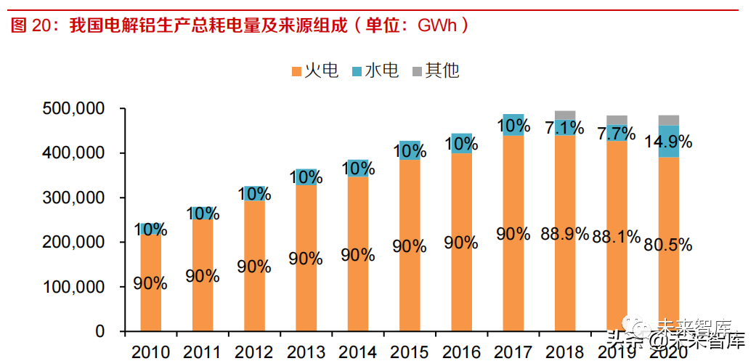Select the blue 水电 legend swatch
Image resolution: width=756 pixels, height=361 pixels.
[357, 71]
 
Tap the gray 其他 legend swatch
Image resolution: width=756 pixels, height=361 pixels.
[418, 71]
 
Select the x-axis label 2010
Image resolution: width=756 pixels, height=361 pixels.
[150, 352]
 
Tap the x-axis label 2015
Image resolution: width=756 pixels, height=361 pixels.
[410, 352]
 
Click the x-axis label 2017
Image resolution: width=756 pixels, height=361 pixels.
[513, 352]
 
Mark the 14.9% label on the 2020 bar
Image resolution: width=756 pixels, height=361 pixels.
[668, 142]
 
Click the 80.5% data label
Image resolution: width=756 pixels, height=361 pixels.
[668, 245]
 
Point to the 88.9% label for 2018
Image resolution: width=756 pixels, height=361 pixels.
[564, 234]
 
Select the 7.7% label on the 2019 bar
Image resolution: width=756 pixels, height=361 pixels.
[616, 134]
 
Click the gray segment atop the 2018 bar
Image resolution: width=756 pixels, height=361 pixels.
[564, 115]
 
